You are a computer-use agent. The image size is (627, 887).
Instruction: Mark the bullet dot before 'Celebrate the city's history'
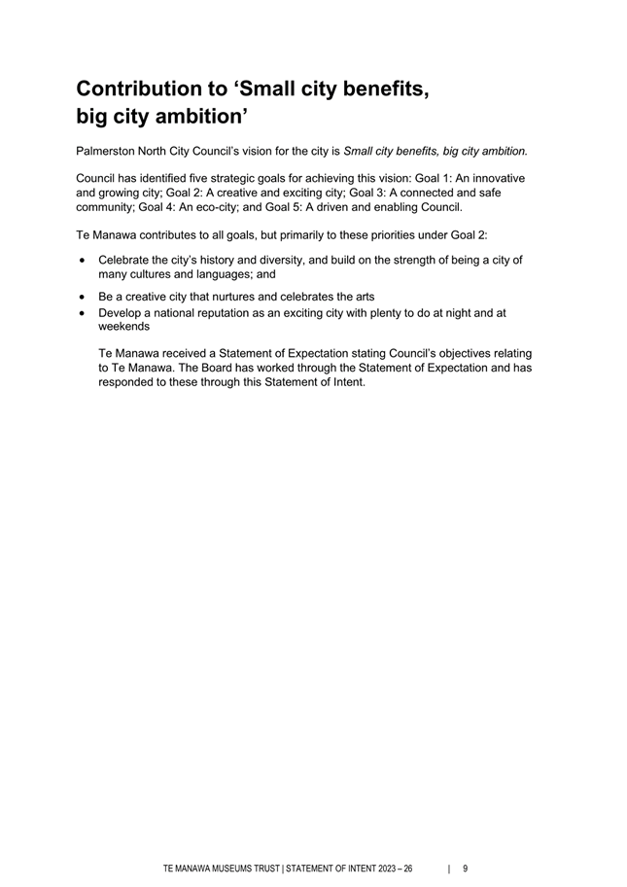coord(83,261)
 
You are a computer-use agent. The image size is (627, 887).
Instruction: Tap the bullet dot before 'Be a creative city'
coord(83,297)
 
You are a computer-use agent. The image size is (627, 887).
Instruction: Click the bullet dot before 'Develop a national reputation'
coord(83,314)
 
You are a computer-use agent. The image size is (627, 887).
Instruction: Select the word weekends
coord(123,327)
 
